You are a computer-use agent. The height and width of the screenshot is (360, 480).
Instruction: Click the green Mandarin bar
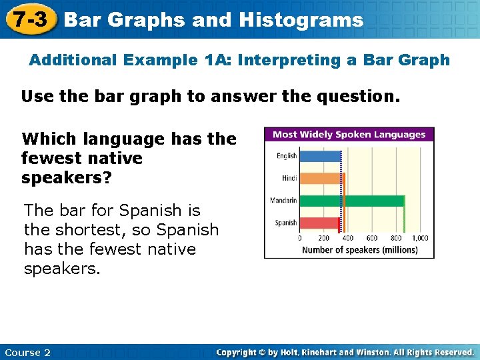click(x=352, y=201)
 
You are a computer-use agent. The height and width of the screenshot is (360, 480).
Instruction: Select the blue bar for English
click(x=319, y=156)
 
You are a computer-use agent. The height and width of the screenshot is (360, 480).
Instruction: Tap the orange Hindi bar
click(x=321, y=178)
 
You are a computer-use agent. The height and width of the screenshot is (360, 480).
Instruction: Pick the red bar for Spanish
click(x=319, y=223)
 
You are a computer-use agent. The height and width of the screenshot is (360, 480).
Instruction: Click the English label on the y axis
click(x=287, y=156)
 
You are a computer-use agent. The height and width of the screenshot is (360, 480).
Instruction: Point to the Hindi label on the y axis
click(x=289, y=178)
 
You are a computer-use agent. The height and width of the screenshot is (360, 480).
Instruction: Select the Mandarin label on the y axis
click(x=283, y=201)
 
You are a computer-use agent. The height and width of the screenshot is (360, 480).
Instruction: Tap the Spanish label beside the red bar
click(x=286, y=223)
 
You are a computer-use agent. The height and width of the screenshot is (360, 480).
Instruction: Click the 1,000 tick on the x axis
click(x=420, y=238)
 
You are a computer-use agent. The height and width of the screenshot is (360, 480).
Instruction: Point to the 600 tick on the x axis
click(x=372, y=238)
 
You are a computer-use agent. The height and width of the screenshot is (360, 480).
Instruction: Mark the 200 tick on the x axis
click(x=324, y=238)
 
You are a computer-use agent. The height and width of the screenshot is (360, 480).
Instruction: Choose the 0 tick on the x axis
click(x=299, y=238)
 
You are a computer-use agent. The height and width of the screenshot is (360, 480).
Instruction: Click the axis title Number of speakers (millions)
click(x=360, y=250)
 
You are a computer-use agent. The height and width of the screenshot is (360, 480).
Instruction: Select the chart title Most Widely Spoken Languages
click(x=349, y=134)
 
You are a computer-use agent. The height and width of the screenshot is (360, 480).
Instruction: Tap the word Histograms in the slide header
click(x=301, y=20)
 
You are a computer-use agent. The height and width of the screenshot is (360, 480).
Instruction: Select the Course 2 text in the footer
click(x=27, y=352)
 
